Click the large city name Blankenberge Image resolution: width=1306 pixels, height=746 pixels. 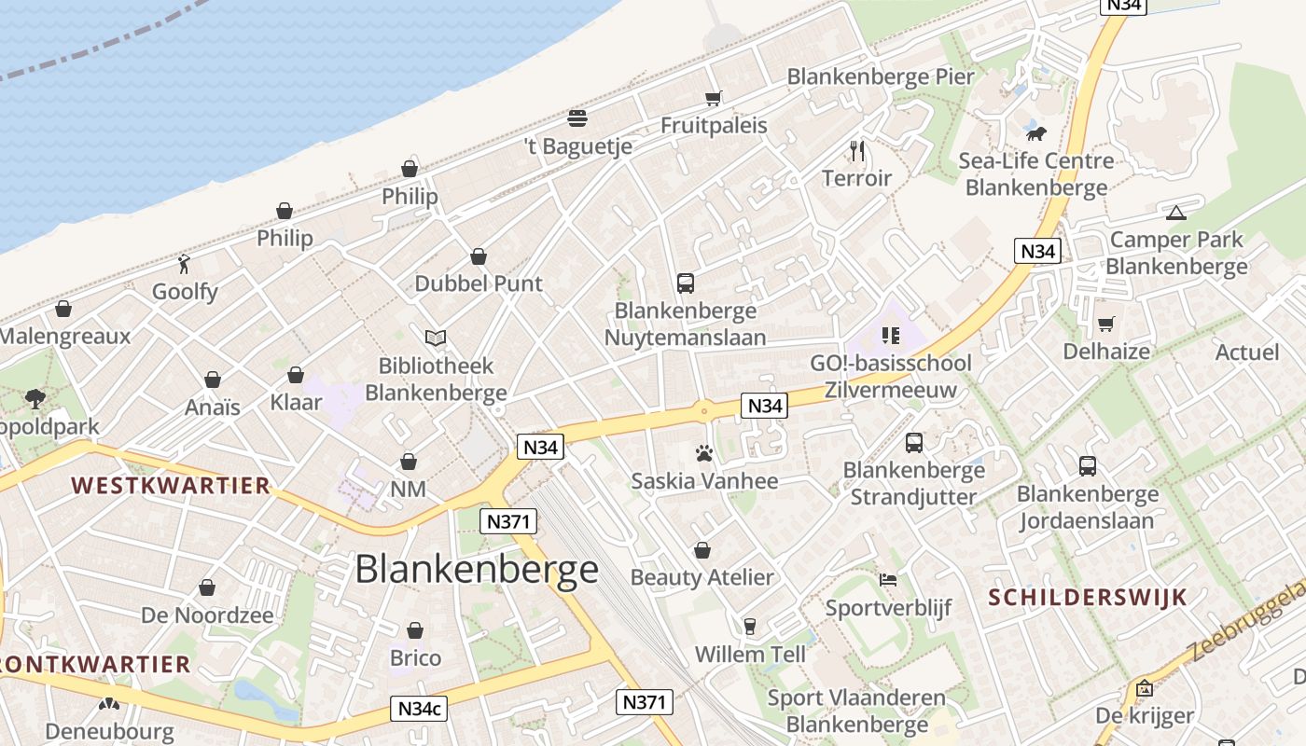[477, 568]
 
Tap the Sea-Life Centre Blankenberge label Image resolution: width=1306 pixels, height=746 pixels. [1036, 173]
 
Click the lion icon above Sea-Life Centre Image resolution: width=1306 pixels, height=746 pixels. [1035, 133]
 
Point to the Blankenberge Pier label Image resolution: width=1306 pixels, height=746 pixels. [881, 76]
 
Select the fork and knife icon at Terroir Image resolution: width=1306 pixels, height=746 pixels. [857, 150]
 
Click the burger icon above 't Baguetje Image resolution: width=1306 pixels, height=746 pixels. [577, 118]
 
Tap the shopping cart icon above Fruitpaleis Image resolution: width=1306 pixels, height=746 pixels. [714, 98]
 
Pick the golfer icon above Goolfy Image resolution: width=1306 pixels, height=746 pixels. [185, 264]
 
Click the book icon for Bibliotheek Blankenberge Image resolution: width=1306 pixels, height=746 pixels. [436, 338]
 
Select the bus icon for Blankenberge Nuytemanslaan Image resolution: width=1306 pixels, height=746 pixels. [686, 283]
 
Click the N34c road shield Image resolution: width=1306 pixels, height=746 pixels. [419, 709]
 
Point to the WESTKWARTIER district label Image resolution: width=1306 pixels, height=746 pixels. [171, 485]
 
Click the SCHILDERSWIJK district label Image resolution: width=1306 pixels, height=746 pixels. [1088, 597]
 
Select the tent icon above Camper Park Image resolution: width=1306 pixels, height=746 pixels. [1176, 213]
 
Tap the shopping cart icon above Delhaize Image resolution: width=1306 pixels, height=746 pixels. [1106, 324]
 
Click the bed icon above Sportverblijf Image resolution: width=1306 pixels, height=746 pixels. [888, 580]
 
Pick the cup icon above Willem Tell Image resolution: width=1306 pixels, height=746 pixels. [750, 626]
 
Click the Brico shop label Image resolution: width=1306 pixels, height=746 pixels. [415, 657]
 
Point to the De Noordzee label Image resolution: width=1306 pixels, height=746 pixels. [207, 615]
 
